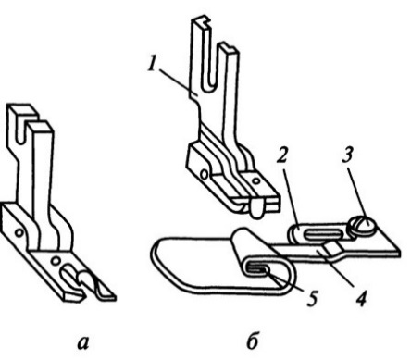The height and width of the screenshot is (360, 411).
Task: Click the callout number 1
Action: [151, 65]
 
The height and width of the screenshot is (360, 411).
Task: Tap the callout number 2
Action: [282, 155]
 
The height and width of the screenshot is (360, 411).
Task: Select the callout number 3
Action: [347, 155]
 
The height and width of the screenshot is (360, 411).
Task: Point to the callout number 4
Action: [360, 299]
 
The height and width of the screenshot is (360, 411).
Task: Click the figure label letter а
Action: [83, 343]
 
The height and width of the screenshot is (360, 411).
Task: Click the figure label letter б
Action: [252, 341]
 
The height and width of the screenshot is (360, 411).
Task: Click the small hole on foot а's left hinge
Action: [19, 232]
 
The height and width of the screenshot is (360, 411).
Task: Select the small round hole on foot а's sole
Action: [56, 261]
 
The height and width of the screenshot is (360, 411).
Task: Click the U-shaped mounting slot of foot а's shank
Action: [21, 130]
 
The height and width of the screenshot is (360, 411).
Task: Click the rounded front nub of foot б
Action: [256, 208]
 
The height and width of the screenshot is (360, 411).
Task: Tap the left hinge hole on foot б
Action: [204, 175]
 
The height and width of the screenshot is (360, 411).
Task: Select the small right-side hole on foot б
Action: [255, 180]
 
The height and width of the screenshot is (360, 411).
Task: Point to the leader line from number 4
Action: [335, 269]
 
